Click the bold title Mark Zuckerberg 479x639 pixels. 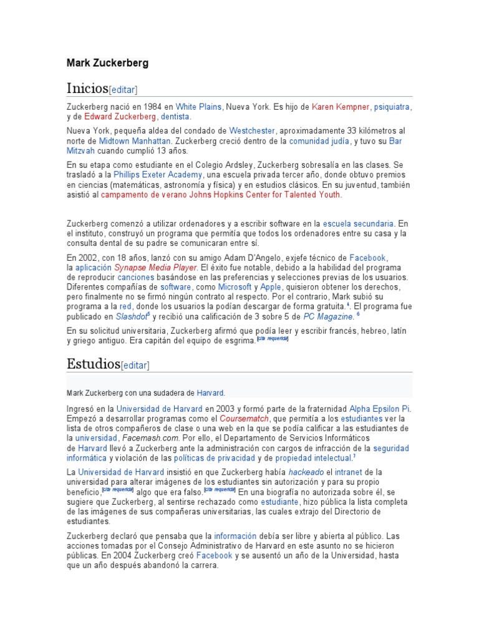pyautogui.click(x=108, y=63)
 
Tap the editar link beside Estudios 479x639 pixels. pyautogui.click(x=135, y=365)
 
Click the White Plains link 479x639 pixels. pyautogui.click(x=198, y=107)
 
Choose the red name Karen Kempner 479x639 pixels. pyautogui.click(x=340, y=107)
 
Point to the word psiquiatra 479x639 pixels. pyautogui.click(x=391, y=107)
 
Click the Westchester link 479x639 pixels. pyautogui.click(x=252, y=131)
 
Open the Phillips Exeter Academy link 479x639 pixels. pyautogui.click(x=153, y=175)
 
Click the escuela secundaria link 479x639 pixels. pyautogui.click(x=358, y=223)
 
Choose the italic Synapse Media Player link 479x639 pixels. pyautogui.click(x=155, y=267)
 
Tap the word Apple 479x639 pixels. pyautogui.click(x=271, y=287)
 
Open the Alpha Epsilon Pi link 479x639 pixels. pyautogui.click(x=379, y=409)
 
